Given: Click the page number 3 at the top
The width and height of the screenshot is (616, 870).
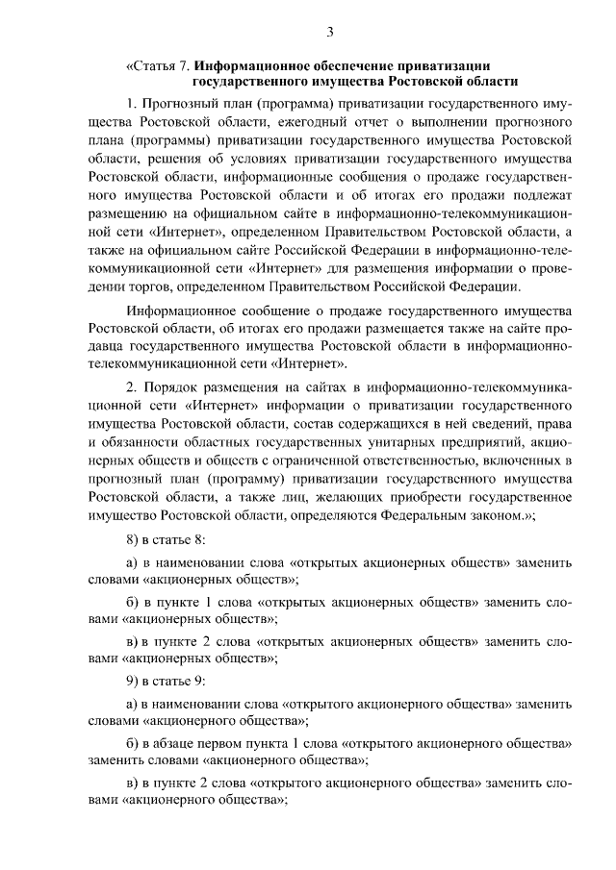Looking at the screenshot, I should (329, 32).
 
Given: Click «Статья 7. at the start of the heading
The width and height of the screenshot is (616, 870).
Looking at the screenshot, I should (158, 65).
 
